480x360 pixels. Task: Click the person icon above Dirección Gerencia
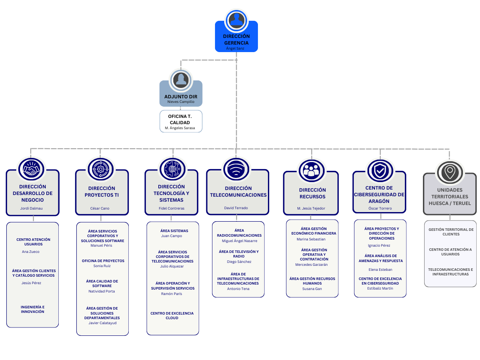236,20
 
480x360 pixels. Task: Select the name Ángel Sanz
235,48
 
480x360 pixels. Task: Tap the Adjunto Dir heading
180,96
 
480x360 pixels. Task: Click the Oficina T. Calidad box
181,121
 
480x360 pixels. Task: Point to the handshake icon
32,169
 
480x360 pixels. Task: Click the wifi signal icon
236,169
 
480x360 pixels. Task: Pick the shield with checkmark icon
380,170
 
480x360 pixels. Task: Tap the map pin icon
450,172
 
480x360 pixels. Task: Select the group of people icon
312,170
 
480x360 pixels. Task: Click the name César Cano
100,208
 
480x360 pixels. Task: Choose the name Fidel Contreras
171,208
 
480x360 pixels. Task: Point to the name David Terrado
236,208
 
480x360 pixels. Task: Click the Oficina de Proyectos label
103,261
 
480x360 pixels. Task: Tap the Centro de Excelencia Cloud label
172,315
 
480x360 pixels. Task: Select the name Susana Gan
312,289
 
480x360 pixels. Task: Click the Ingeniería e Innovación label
32,309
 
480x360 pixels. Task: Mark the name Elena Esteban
380,270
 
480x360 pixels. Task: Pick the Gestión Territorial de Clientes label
451,232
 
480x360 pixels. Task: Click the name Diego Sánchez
239,262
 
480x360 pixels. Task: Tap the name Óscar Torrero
380,208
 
